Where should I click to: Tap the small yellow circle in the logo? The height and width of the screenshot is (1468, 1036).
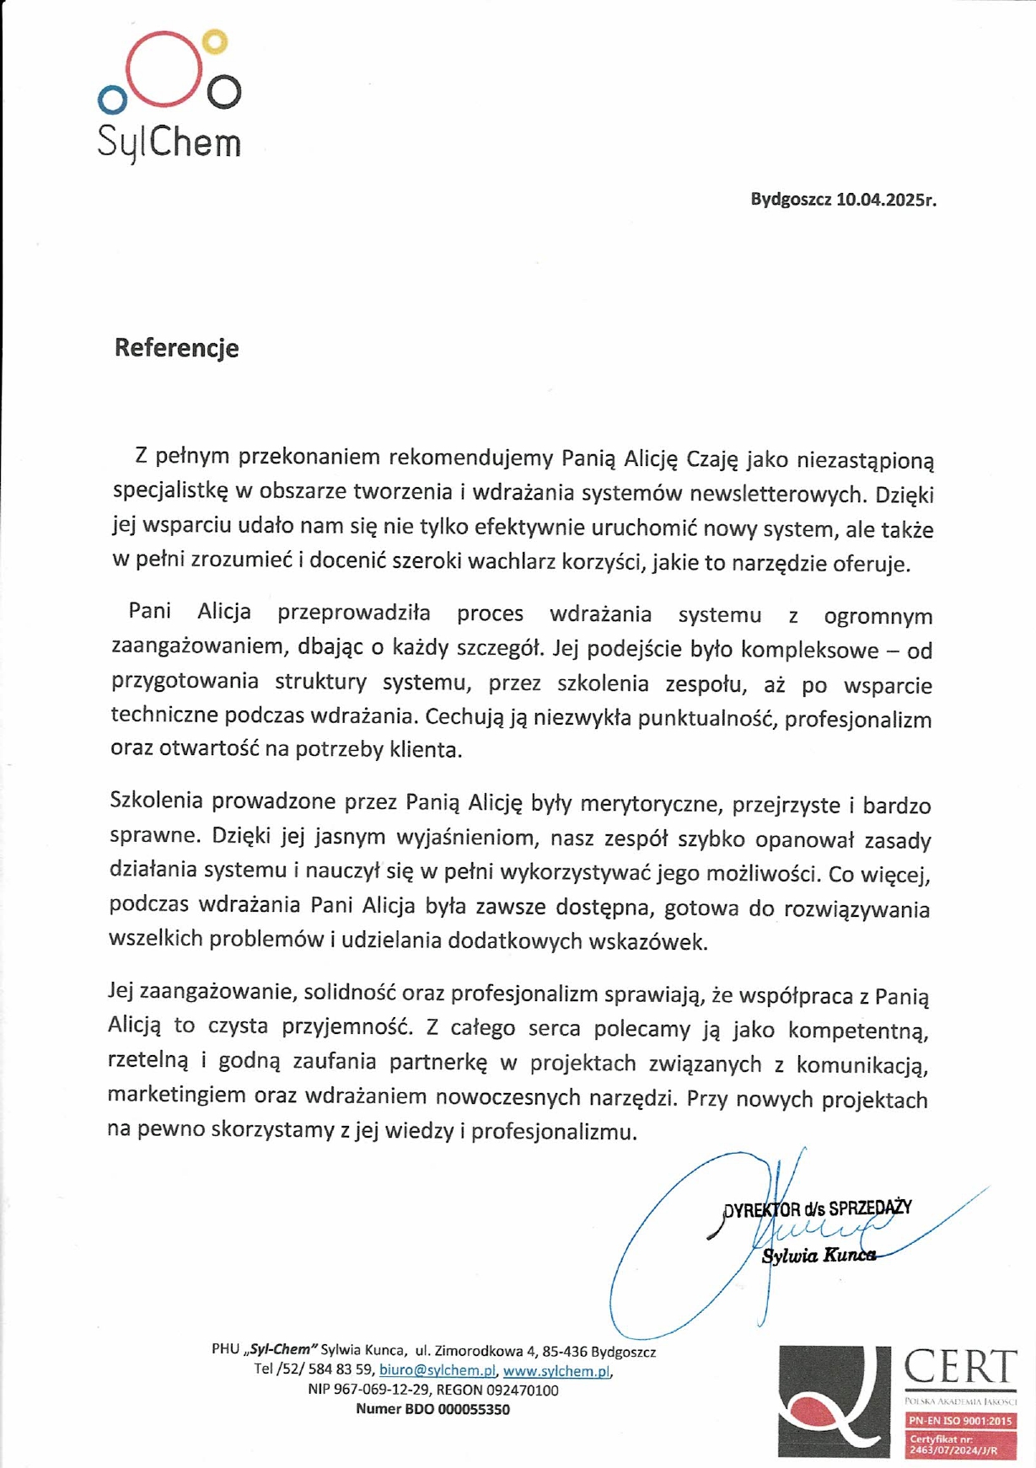[x=217, y=41]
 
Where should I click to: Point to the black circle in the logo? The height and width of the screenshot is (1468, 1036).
[x=224, y=93]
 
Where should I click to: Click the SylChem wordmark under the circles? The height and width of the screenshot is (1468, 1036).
[x=169, y=142]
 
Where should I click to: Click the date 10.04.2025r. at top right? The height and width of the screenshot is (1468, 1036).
[x=886, y=200]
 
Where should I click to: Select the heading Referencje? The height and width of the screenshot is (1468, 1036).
[x=177, y=348]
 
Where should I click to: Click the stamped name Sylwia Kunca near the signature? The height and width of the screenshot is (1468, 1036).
[x=818, y=1256]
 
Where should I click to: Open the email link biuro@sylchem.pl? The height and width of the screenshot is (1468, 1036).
[x=437, y=1370]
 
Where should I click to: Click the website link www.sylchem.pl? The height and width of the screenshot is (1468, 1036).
[x=556, y=1371]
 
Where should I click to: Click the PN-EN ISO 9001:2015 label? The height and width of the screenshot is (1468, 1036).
[x=960, y=1421]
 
